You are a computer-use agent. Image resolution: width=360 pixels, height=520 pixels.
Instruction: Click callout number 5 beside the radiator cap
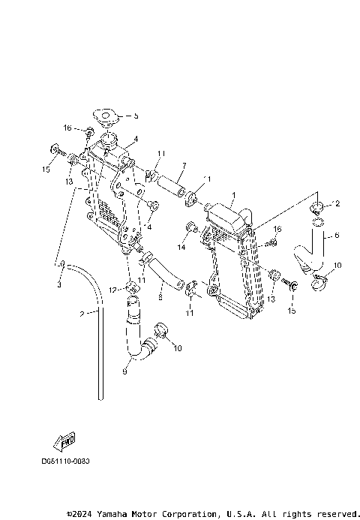point(136,116)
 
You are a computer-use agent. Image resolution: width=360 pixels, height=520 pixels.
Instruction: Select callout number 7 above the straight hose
point(184,165)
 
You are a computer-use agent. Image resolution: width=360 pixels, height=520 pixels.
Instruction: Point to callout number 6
point(336,235)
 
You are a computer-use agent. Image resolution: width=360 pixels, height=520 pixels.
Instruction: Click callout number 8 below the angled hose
point(160,297)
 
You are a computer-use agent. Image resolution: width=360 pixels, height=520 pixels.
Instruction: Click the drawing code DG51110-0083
point(65,461)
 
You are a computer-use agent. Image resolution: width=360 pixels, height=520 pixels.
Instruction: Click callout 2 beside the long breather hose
point(82,314)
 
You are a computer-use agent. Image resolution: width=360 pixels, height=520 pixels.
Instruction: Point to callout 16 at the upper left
point(67,128)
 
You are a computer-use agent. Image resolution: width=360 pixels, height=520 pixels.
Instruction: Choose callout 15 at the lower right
point(292,310)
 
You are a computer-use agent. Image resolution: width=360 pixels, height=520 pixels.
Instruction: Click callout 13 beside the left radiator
point(68,182)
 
